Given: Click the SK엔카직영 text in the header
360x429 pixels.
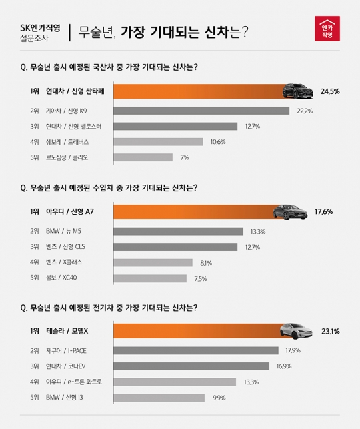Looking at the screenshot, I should click(40, 27).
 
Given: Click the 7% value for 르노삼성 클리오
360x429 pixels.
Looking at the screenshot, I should click(184, 158).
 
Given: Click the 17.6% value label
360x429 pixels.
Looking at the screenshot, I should click(323, 212).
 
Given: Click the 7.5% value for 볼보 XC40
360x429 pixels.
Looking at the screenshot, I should click(200, 279).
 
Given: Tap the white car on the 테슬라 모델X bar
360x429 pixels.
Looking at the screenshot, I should click(297, 330).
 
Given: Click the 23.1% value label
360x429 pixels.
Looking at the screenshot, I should click(331, 331).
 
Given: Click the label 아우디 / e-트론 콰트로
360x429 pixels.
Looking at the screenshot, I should click(79, 382).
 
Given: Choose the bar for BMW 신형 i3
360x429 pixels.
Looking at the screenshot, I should click(159, 398).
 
